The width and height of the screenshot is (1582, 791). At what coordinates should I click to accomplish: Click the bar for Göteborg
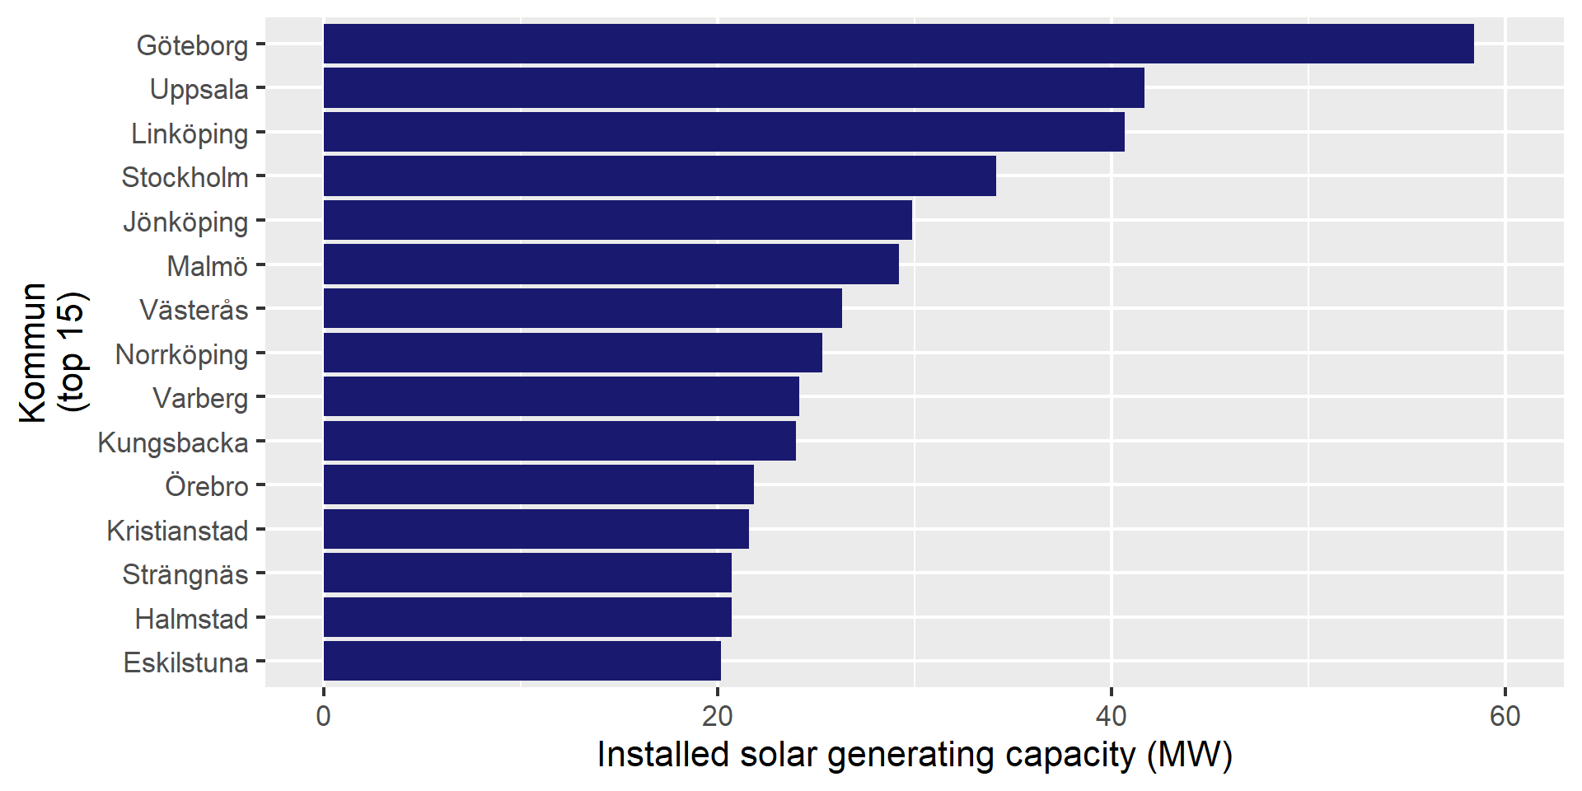898,44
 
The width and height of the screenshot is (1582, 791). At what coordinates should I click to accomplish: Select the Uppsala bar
733,88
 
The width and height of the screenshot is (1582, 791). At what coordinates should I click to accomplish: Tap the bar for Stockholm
659,176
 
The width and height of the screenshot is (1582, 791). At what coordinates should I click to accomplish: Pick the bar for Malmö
611,264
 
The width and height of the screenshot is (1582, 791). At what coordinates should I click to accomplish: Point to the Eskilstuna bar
522,662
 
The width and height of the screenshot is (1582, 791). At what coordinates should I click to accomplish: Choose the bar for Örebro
538,485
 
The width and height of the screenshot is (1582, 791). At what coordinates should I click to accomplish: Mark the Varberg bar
561,397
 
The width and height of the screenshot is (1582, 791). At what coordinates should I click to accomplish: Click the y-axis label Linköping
190,133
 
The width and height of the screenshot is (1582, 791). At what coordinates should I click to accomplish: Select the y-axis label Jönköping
185,222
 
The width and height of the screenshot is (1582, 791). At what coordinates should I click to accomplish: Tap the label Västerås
194,310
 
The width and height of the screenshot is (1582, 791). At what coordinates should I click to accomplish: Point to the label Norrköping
181,354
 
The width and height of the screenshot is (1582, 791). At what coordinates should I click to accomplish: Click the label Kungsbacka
173,442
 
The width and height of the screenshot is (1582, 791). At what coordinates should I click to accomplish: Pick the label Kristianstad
177,531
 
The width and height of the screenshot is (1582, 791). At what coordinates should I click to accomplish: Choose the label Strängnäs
185,574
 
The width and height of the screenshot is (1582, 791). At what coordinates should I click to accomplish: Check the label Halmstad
191,619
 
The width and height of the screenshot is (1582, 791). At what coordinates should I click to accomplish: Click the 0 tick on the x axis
323,716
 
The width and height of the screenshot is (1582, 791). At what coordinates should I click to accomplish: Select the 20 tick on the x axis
717,716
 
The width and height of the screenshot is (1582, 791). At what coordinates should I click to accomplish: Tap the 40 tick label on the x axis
1111,716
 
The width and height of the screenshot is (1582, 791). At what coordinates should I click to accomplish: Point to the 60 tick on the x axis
1505,716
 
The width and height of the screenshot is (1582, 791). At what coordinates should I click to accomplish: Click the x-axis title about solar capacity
915,755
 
